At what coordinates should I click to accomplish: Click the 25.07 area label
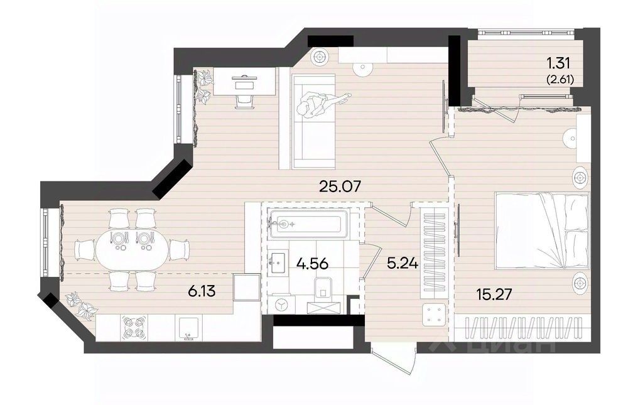point(340,186)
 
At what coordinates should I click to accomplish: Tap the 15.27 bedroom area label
point(494,294)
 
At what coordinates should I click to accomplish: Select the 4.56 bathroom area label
point(312,264)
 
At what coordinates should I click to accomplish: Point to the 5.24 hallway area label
point(403,263)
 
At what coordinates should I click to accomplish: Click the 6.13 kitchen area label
point(202,291)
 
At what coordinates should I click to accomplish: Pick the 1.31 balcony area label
point(558,63)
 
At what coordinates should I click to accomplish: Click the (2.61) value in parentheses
point(560,80)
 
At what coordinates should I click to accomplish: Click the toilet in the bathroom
point(323,288)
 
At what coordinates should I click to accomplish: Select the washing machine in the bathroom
point(280,305)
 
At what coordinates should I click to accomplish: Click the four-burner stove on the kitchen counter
point(134,327)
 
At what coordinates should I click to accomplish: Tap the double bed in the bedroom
point(543,230)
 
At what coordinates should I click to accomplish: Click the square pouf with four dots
point(435,314)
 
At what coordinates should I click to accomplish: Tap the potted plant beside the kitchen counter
point(82,305)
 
